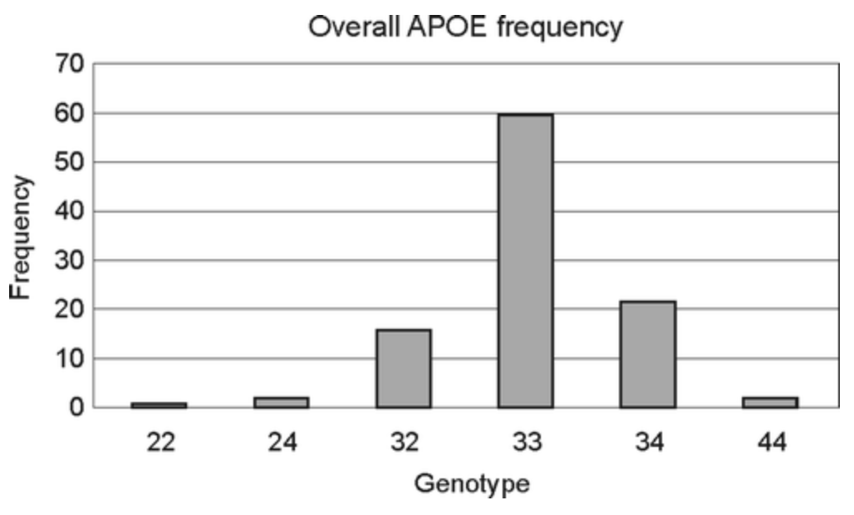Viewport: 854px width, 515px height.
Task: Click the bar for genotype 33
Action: [525, 261]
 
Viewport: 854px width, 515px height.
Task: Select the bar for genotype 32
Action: [403, 368]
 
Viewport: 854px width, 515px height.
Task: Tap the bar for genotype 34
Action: [648, 354]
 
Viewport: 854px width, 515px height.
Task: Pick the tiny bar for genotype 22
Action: [158, 405]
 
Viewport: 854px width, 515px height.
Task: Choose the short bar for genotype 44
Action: [770, 402]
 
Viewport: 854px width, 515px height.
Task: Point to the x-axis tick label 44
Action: [770, 442]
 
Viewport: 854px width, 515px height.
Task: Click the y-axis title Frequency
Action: [22, 236]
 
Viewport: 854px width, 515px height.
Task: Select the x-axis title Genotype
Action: [472, 483]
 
